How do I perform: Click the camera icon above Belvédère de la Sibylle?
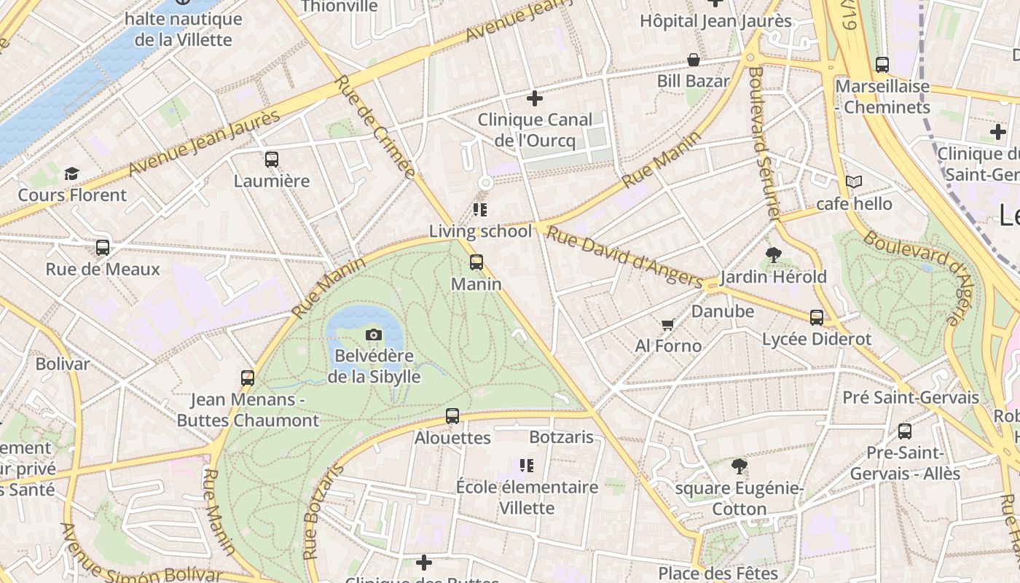(x=373, y=335)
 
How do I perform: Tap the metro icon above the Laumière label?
(x=272, y=159)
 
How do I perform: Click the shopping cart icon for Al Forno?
(x=667, y=324)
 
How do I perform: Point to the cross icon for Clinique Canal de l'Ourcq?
(x=535, y=98)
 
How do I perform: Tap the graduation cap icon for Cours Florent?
(x=71, y=173)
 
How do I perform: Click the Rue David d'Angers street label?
(x=624, y=257)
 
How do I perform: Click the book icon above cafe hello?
(x=854, y=181)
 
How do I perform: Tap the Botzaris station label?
(x=562, y=437)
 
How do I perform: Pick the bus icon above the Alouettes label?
(x=452, y=416)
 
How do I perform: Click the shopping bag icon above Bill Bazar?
(x=694, y=60)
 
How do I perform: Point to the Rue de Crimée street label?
(x=376, y=127)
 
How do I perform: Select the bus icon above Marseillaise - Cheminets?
(x=882, y=64)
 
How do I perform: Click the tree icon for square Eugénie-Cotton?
(x=739, y=466)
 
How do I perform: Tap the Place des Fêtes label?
(x=718, y=574)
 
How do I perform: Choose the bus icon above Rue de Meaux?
(x=103, y=248)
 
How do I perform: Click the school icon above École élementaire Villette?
(x=527, y=465)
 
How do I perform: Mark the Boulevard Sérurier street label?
(x=764, y=143)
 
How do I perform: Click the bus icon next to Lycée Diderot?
(x=817, y=318)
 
